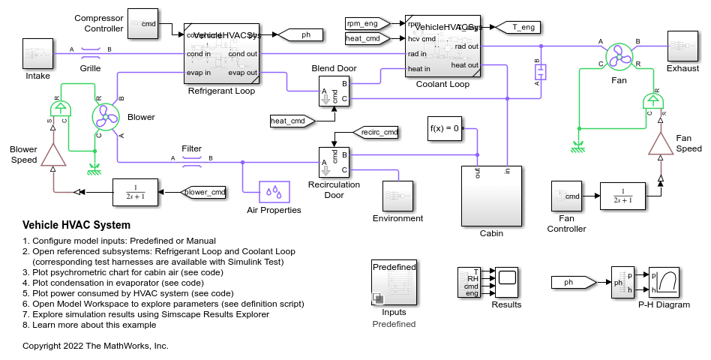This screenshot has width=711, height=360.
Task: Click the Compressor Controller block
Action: pyautogui.click(x=142, y=24)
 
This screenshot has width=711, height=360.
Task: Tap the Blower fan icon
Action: pyautogui.click(x=106, y=116)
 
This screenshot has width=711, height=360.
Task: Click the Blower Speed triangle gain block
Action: pyautogui.click(x=52, y=153)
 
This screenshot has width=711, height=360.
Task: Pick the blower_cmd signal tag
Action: pyautogui.click(x=205, y=192)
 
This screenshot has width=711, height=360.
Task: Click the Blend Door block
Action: pyautogui.click(x=334, y=91)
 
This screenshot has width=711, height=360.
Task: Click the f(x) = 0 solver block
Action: pyautogui.click(x=445, y=128)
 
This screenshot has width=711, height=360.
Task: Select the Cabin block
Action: pyautogui.click(x=491, y=195)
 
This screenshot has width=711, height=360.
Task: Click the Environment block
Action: pyautogui.click(x=397, y=196)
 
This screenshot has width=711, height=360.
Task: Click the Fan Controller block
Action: pyautogui.click(x=566, y=196)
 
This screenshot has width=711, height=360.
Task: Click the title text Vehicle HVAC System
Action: pyautogui.click(x=76, y=225)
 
